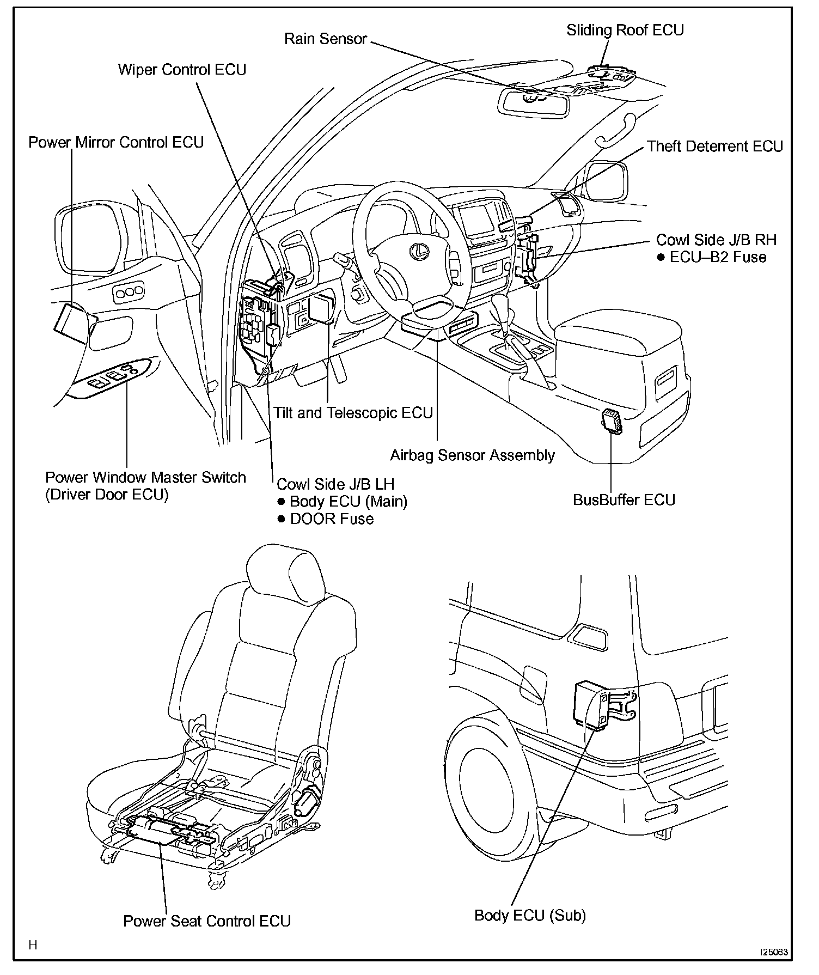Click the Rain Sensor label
326,39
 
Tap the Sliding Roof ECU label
625,30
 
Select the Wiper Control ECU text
182,70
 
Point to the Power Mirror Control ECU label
116,143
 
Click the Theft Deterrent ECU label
714,147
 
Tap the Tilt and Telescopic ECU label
353,413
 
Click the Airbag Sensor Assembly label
472,455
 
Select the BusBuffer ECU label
624,500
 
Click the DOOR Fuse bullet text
331,519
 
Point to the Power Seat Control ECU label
207,921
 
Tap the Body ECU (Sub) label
530,915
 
